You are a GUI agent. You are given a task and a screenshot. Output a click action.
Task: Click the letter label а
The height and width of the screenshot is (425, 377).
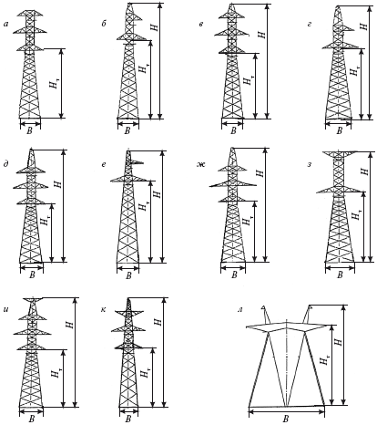click(5, 24)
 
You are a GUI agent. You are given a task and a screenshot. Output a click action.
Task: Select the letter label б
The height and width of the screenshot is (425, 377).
click(104, 24)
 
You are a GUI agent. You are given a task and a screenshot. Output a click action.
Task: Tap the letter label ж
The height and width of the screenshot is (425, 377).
click(201, 165)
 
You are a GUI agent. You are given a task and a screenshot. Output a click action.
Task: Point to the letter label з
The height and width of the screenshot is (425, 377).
click(310, 165)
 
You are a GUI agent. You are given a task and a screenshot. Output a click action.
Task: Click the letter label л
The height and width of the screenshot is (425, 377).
click(240, 310)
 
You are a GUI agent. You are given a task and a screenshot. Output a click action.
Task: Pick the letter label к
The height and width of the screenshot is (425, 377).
click(104, 309)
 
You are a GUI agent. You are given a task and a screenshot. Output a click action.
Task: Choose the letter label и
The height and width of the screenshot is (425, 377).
click(5, 311)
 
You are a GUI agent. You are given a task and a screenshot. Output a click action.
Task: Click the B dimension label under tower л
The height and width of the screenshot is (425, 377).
click(286, 420)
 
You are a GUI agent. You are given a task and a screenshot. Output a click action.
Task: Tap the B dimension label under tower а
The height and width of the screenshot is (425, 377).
click(30, 131)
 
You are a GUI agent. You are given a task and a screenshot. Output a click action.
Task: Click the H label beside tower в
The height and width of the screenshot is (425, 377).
click(262, 34)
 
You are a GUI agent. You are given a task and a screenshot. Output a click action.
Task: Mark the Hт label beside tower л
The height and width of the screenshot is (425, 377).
click(324, 358)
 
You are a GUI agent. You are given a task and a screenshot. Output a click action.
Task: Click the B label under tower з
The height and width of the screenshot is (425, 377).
click(340, 275)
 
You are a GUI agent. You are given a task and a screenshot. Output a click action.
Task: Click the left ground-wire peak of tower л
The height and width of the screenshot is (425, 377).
click(265, 314)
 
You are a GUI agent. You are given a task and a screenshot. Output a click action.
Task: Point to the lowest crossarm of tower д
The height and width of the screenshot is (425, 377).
click(31, 202)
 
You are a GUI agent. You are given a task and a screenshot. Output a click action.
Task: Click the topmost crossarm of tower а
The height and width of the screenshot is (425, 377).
click(31, 14)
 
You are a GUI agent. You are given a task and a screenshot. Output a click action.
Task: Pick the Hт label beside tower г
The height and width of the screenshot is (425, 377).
click(354, 70)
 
